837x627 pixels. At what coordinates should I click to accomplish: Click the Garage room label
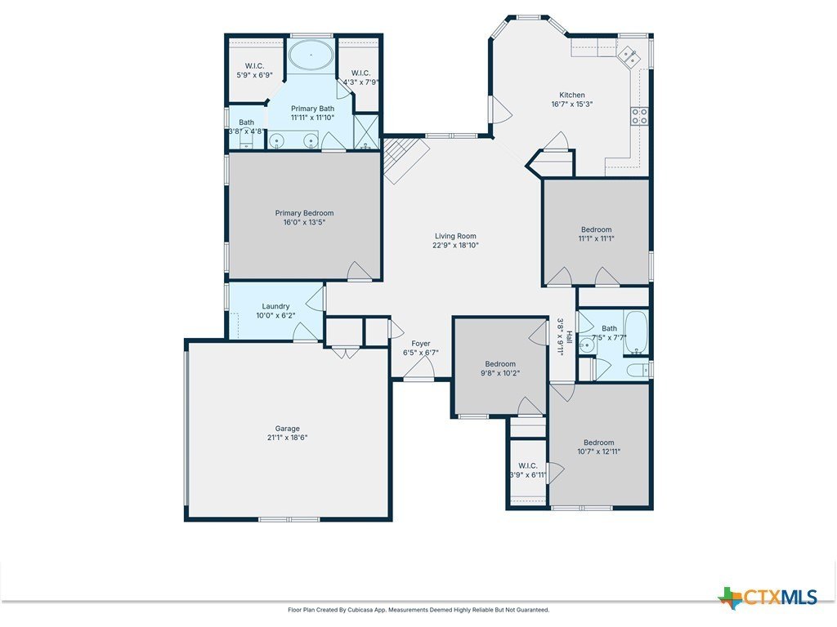point(287,428)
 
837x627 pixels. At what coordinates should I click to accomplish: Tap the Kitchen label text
point(571,95)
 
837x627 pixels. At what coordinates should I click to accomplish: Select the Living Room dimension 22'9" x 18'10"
point(455,245)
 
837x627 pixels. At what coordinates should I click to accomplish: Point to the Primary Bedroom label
point(304,213)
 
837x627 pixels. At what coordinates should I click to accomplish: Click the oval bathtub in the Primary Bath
point(311,57)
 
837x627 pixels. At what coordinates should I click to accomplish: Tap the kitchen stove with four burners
point(639,117)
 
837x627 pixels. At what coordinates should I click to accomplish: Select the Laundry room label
point(275,306)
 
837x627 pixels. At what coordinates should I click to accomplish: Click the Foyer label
point(421,344)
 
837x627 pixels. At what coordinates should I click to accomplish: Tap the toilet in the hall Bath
point(638,370)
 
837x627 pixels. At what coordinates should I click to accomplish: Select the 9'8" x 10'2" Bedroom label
point(500,363)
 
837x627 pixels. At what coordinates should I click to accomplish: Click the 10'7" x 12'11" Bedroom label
point(598,442)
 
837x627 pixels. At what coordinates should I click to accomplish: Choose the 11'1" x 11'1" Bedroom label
point(596,229)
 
